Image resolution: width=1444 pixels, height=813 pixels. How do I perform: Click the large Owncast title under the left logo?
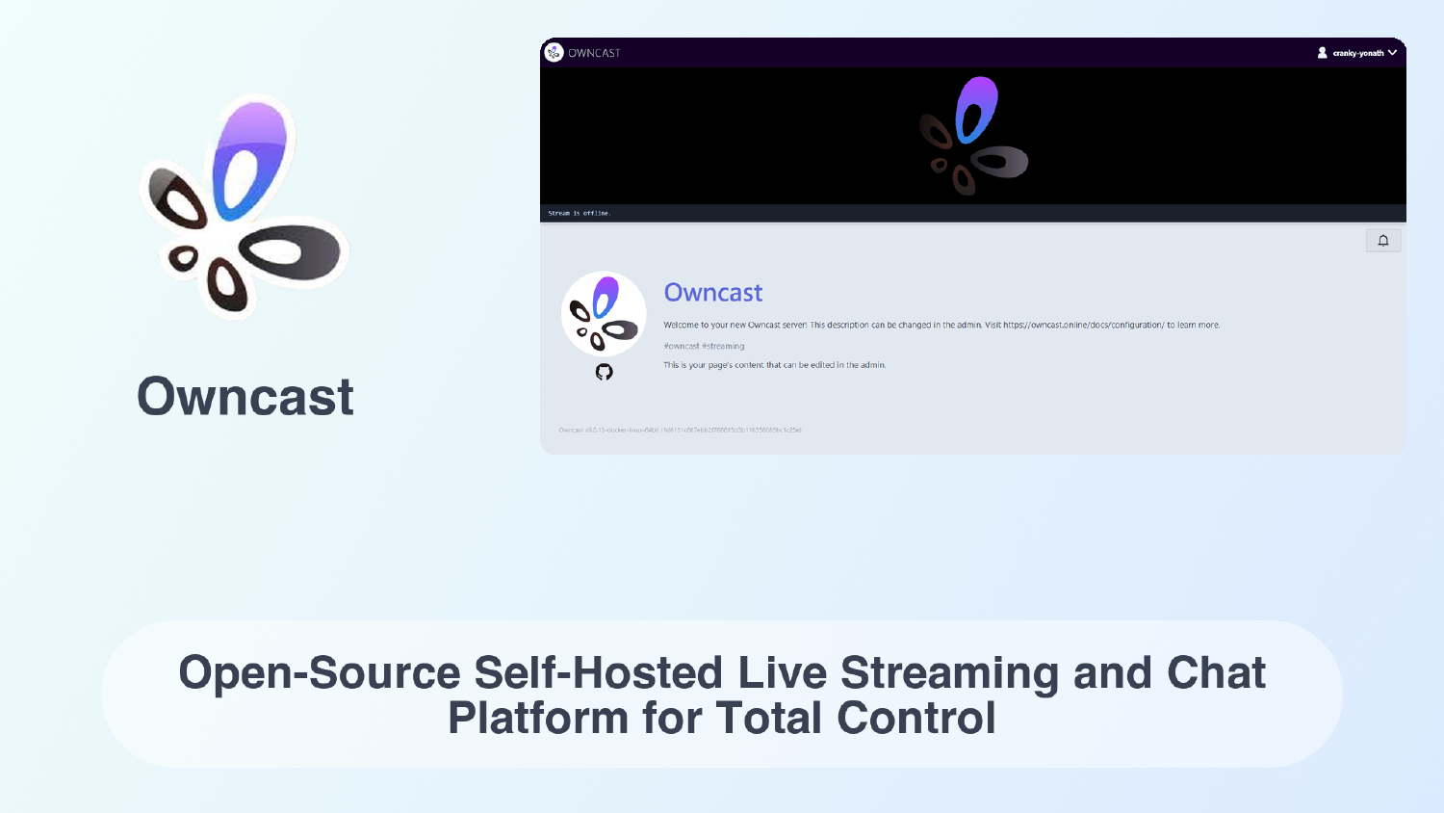(x=245, y=397)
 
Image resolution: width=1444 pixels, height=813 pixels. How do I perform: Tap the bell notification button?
(x=1382, y=241)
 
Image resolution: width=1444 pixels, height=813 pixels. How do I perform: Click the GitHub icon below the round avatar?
(x=604, y=372)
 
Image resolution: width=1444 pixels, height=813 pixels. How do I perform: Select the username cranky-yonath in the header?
(x=1357, y=53)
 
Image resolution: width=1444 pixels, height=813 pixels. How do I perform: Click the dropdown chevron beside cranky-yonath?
(x=1392, y=53)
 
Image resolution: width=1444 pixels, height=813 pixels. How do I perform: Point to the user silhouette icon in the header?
(x=1323, y=53)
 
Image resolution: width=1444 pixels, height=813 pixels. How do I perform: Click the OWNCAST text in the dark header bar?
(x=594, y=53)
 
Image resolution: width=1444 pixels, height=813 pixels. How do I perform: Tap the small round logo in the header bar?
(x=554, y=52)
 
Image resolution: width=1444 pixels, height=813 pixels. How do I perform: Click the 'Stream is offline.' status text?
(x=580, y=213)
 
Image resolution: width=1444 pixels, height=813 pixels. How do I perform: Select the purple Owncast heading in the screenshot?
(x=713, y=293)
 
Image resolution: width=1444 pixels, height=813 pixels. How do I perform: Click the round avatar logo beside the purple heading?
(x=604, y=314)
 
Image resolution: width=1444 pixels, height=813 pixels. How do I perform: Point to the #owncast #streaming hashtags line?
(x=704, y=346)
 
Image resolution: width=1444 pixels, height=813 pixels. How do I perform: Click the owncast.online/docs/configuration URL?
(x=1083, y=326)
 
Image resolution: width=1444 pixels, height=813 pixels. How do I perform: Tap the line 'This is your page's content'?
(x=774, y=365)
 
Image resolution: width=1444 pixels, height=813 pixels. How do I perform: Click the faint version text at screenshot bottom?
(x=680, y=430)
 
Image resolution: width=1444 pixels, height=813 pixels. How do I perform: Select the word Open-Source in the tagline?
(x=320, y=673)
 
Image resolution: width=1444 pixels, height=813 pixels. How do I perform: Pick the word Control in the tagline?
(x=915, y=719)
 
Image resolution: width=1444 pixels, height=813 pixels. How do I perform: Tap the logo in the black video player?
(x=973, y=136)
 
